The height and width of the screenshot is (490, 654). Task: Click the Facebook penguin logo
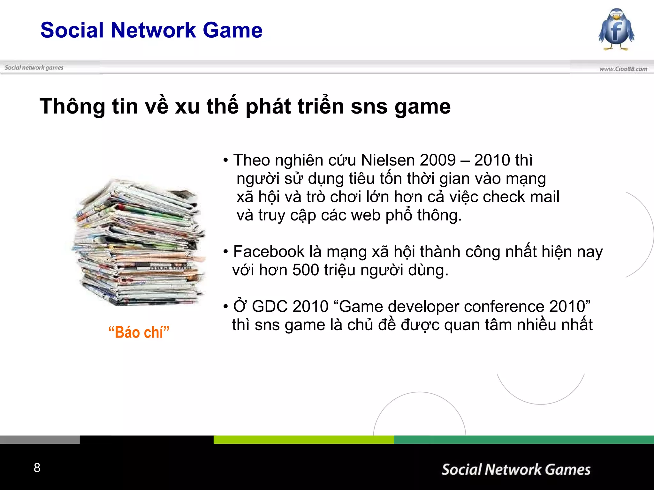616,29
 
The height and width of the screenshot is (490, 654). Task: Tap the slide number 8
37,468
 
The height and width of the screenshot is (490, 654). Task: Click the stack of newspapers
138,242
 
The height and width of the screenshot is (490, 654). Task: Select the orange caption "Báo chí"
139,332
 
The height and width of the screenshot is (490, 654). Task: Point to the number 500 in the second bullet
306,270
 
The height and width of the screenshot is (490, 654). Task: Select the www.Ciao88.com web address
623,69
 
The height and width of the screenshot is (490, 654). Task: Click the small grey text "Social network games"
34,68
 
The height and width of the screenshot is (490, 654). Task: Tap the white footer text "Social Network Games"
516,470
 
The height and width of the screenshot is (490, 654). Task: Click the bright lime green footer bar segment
303,440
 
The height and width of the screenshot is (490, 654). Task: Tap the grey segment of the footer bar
40,440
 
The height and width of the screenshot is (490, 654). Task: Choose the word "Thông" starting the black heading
72,107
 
